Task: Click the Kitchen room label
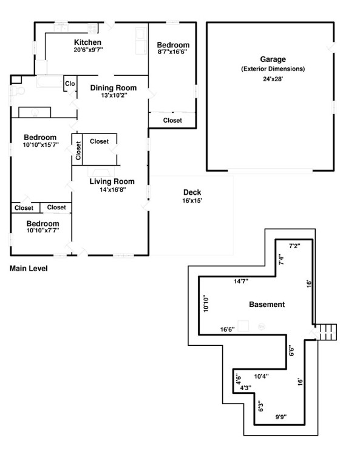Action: coord(87,42)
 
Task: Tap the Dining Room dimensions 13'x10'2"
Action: coord(114,95)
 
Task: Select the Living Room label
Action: coord(112,181)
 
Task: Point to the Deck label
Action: coord(192,192)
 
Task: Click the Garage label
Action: coord(273,59)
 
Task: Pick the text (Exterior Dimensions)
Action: coord(273,69)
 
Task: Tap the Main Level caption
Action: coord(29,268)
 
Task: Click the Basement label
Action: coord(267,305)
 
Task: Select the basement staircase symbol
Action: coord(326,332)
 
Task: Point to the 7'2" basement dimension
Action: coord(294,246)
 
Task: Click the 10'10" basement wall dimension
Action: coord(206,303)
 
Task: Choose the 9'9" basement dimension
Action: coord(280,417)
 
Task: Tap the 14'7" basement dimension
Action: coord(241,281)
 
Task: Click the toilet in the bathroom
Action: coord(18,90)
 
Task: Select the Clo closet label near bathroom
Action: coord(70,84)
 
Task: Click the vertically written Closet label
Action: coord(78,150)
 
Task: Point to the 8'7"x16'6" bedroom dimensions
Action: coord(172,52)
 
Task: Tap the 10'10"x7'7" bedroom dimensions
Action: coord(43,231)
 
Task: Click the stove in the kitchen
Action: coord(92,29)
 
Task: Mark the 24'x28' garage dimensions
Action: coord(273,79)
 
